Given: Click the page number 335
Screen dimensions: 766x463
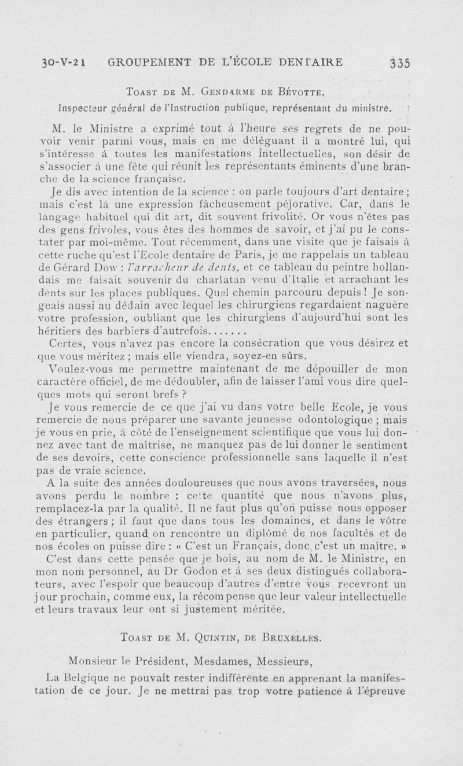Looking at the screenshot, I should tap(400, 62).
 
